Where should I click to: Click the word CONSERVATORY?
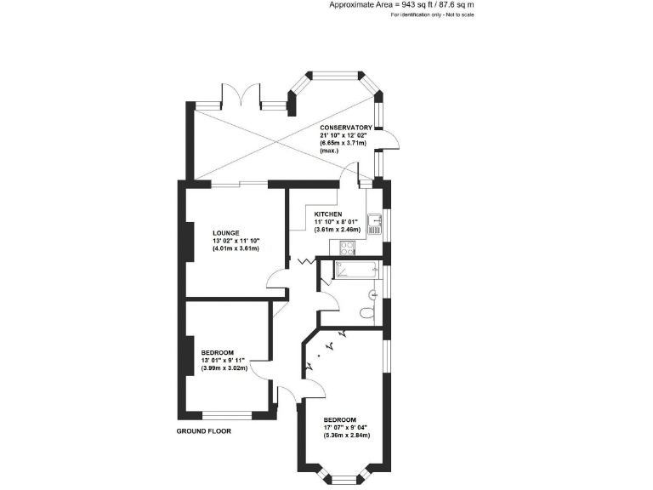[x=339, y=128]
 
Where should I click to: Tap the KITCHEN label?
[x=327, y=214]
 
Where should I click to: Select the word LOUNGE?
[x=226, y=233]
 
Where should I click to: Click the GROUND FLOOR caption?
[x=203, y=430]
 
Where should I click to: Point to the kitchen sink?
[x=372, y=224]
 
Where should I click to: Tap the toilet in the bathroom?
[x=366, y=313]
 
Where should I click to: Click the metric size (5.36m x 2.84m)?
[x=346, y=436]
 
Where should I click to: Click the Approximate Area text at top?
[x=401, y=4]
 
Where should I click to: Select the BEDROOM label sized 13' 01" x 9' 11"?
[x=218, y=352]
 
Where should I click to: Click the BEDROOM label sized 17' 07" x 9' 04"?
[x=339, y=419]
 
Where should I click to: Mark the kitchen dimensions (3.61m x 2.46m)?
[x=338, y=230]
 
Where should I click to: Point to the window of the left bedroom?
[x=227, y=416]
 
